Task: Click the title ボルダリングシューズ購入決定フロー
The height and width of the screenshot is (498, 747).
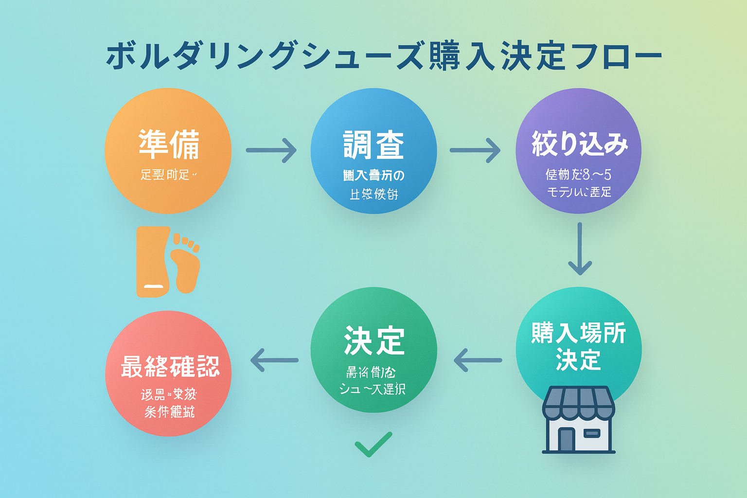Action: point(384,57)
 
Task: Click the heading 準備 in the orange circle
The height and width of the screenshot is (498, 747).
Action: point(169,144)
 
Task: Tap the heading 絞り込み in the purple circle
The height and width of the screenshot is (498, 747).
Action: point(579,144)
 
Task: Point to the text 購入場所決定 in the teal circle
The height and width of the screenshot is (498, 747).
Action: point(578,346)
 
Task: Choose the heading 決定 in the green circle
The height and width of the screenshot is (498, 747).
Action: point(373,341)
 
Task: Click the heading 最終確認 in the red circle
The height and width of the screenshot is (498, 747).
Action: point(170,367)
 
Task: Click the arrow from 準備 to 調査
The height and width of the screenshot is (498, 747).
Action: point(271,150)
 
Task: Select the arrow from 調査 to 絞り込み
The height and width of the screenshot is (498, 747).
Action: point(475,150)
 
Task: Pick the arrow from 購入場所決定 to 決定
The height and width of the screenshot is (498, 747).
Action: point(478,360)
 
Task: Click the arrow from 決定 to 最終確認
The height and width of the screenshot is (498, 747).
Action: point(274,360)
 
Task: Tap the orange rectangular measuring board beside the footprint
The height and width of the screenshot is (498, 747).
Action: point(152,261)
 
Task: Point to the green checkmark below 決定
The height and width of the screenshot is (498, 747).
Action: point(373,444)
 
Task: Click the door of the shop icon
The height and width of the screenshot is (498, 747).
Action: point(567,439)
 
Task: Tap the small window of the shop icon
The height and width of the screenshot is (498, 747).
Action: point(592,433)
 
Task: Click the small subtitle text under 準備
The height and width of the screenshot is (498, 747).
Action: point(168,175)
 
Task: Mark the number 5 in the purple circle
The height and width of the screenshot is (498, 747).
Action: point(607,174)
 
